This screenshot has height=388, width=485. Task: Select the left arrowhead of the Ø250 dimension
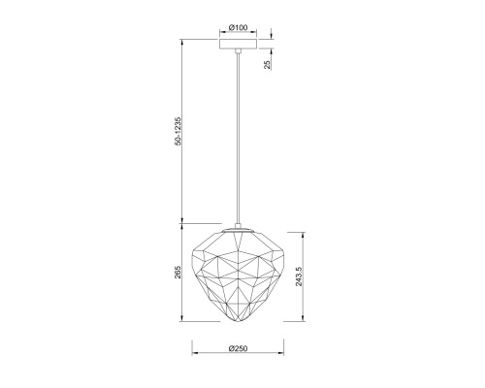(x=192, y=356)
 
